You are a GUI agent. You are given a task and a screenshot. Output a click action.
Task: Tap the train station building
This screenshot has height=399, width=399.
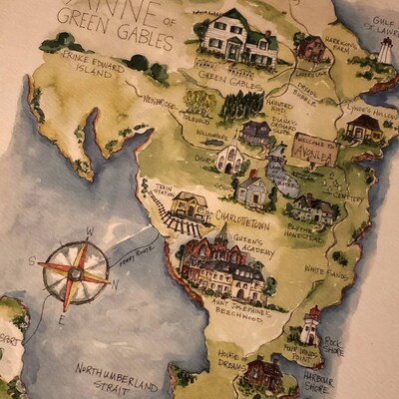(189, 206)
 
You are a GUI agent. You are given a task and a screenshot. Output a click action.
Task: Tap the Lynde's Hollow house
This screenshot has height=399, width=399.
(363, 127)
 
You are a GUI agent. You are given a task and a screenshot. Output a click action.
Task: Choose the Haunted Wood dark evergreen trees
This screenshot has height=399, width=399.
(240, 104)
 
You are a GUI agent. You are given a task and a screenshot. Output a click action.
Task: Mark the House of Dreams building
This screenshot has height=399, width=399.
(263, 372)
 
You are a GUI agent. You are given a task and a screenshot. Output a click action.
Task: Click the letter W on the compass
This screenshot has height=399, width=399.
(89, 232)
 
